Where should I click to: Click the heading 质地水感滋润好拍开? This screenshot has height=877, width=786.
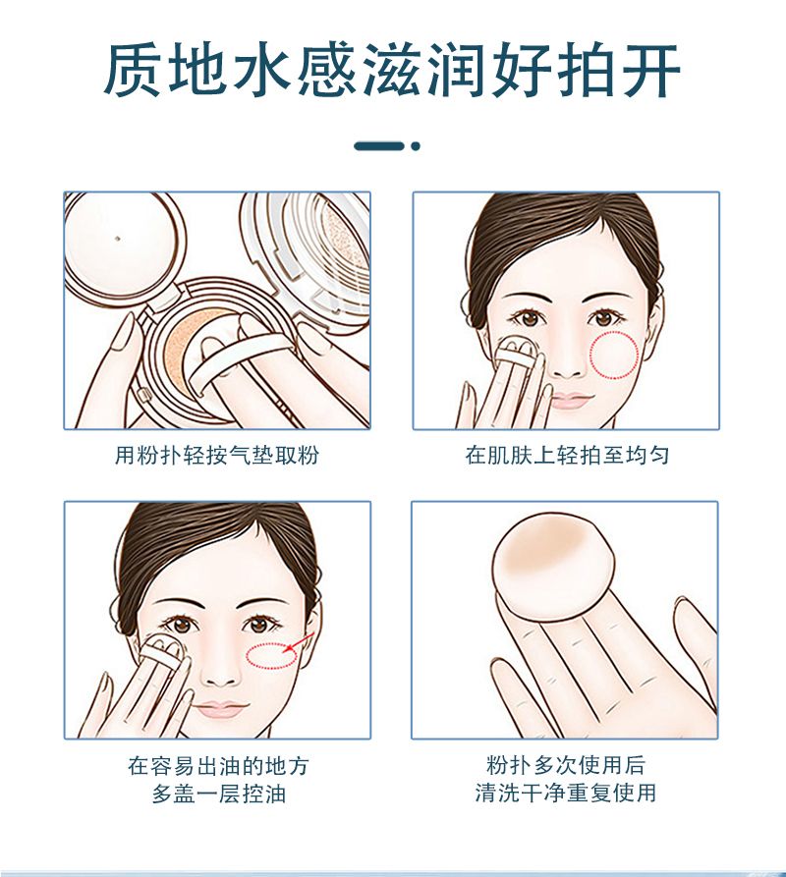click(x=392, y=71)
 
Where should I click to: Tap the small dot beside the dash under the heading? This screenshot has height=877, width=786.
click(x=415, y=146)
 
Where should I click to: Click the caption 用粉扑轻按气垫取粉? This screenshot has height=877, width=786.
click(x=217, y=455)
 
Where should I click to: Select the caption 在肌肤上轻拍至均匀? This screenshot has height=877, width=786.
click(x=567, y=455)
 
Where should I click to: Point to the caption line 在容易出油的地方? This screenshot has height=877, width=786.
click(x=218, y=766)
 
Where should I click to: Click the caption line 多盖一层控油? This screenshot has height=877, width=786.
click(x=219, y=794)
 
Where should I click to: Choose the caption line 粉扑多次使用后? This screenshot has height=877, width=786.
click(x=566, y=765)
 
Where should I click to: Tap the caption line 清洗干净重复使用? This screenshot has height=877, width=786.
click(x=566, y=793)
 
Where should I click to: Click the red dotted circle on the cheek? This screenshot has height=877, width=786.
click(x=614, y=355)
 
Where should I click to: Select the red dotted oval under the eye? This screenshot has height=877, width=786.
click(x=271, y=655)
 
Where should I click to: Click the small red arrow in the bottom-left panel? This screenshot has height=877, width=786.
click(x=300, y=642)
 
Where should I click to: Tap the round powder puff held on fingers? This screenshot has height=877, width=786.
click(x=553, y=567)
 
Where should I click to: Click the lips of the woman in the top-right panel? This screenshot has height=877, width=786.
click(x=572, y=400)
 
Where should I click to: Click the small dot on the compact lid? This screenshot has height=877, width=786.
click(x=118, y=239)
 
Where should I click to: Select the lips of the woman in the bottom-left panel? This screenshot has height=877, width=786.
click(x=220, y=709)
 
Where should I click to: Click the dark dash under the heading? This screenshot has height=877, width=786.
click(x=378, y=146)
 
